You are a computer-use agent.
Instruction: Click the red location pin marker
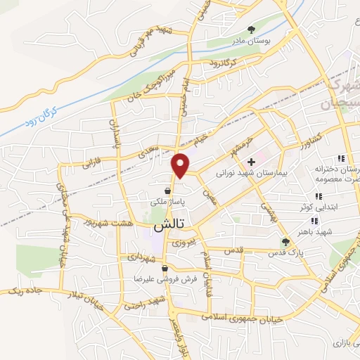(x=181, y=165)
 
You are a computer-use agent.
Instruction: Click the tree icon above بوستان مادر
(x=251, y=29)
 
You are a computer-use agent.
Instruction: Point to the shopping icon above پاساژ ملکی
(x=167, y=190)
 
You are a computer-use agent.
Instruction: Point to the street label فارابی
(x=74, y=162)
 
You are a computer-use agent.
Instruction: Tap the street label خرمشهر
(x=239, y=144)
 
